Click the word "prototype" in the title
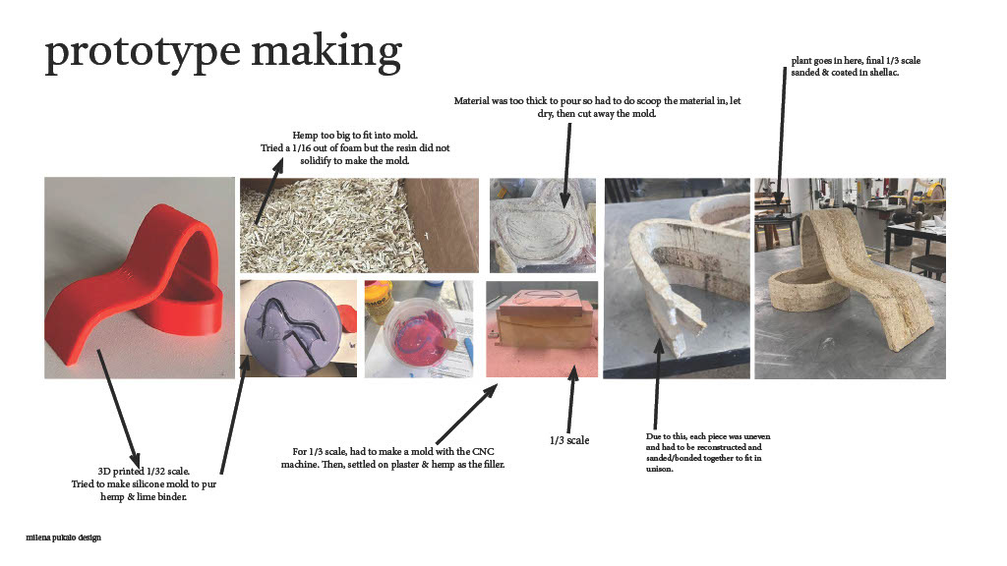(x=143, y=53)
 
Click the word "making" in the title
(x=326, y=52)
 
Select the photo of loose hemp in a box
(x=359, y=225)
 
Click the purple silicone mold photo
(x=298, y=328)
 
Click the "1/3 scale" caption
(x=569, y=440)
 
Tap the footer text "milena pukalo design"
(x=64, y=538)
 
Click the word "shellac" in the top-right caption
(x=884, y=73)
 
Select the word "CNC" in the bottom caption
(x=483, y=452)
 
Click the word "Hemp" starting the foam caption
(x=305, y=136)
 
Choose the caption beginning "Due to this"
(x=708, y=452)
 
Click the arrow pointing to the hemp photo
(x=269, y=192)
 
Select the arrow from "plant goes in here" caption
(x=781, y=136)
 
